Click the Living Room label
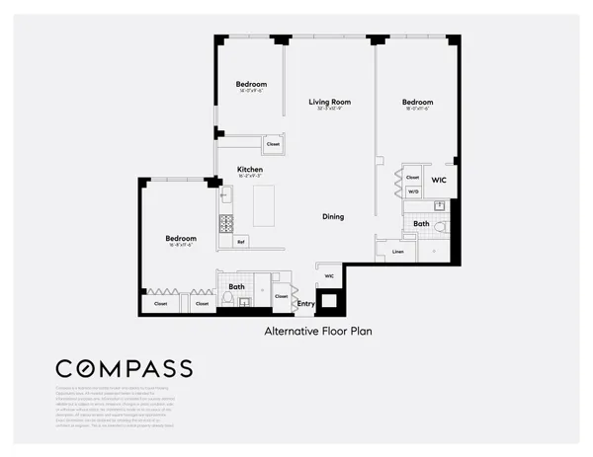pos(329,102)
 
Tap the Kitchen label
pos(250,170)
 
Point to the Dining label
pos(333,216)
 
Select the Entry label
pos(306,304)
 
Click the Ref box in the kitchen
pos(240,241)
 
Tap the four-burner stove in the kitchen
pos(225,222)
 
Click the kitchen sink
pos(224,194)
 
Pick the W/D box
pos(413,191)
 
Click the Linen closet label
pos(397,252)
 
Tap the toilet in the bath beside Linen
pos(442,227)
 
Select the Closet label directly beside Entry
pos(281,296)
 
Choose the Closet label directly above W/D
pos(413,178)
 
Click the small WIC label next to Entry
pos(329,276)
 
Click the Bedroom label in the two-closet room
pos(181,238)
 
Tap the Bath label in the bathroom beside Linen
pos(422,224)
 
